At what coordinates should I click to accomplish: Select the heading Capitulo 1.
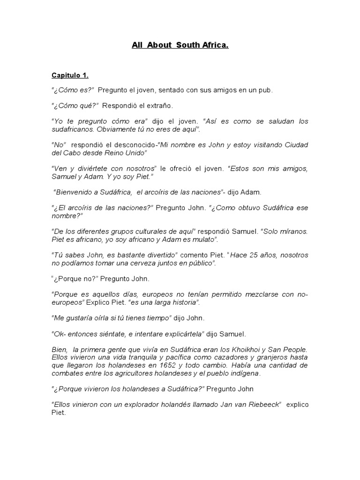point(69,75)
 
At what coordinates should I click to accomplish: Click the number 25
point(248,255)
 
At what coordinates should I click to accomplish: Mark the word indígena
point(243,373)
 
